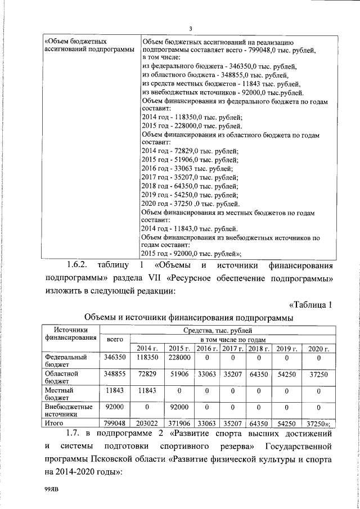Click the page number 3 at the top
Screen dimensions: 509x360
(191, 29)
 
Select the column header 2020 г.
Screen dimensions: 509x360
(318, 349)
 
